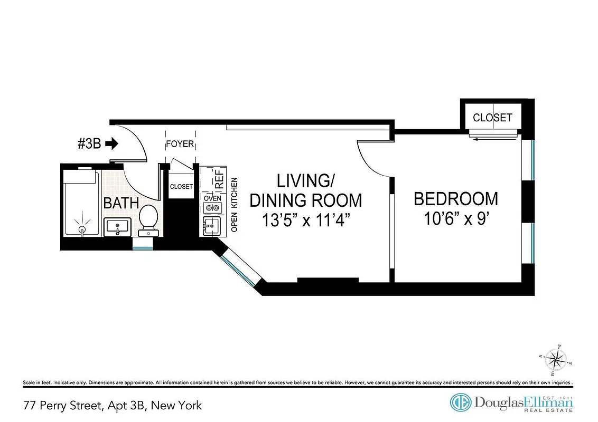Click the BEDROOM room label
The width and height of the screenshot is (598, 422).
click(x=455, y=199)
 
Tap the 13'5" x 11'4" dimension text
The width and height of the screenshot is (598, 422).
click(x=306, y=219)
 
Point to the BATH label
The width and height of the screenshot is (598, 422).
click(x=121, y=203)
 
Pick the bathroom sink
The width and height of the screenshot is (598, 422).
click(x=117, y=227)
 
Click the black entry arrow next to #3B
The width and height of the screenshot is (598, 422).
click(x=113, y=143)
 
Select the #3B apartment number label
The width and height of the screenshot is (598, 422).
click(x=90, y=143)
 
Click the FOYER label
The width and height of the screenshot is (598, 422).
click(x=180, y=145)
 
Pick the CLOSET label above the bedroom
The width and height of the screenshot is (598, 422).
click(x=492, y=118)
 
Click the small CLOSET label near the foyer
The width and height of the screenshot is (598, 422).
click(x=181, y=187)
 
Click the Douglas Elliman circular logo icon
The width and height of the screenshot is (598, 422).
click(x=460, y=403)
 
